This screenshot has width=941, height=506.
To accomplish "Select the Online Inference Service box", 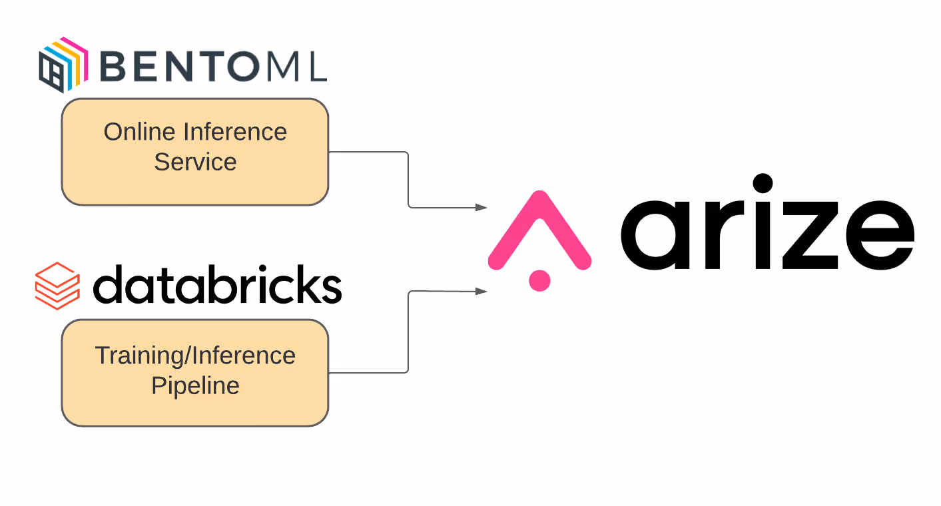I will pos(194,152).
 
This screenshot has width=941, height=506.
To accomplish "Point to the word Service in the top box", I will pos(195,162).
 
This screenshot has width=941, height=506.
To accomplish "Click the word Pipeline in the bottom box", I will pos(195,385).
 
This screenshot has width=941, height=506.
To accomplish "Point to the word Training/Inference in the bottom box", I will pos(195,356).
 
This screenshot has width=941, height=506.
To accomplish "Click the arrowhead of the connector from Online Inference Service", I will pos(481,208).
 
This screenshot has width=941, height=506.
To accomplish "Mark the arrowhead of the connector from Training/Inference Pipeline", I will pos(481,291).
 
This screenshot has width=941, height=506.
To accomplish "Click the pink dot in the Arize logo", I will pos(539,280).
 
